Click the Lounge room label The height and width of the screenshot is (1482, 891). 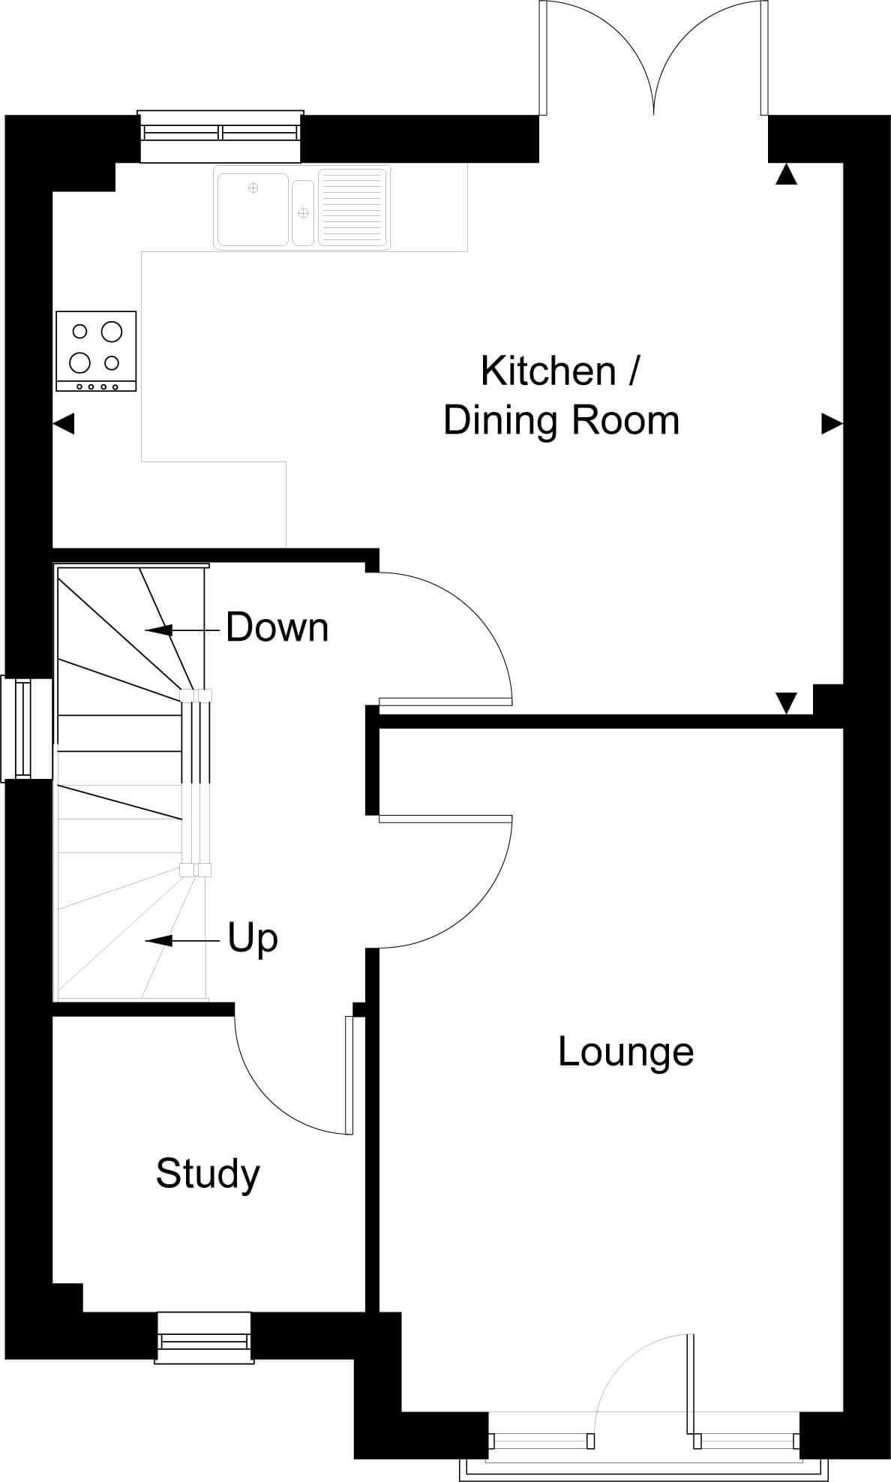point(625,1052)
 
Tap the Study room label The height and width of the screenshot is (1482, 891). point(208,1174)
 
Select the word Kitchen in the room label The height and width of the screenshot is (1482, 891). point(548,371)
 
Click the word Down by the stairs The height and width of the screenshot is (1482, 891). point(277,627)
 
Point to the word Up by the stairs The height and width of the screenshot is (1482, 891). point(253,939)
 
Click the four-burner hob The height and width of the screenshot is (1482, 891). point(96,351)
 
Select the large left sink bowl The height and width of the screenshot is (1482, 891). point(253,209)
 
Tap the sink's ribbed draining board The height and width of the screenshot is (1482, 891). point(352,207)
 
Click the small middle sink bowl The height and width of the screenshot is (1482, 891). point(303,212)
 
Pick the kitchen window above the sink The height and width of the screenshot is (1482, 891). point(220,136)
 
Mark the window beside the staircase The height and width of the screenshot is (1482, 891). point(26,729)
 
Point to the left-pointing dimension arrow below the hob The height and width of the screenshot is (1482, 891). point(64,424)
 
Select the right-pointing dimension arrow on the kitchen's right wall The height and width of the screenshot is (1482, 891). point(832,424)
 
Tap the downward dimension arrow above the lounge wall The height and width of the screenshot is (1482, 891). point(786,703)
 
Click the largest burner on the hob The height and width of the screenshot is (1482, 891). point(112,331)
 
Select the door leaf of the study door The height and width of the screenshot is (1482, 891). point(349,1075)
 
